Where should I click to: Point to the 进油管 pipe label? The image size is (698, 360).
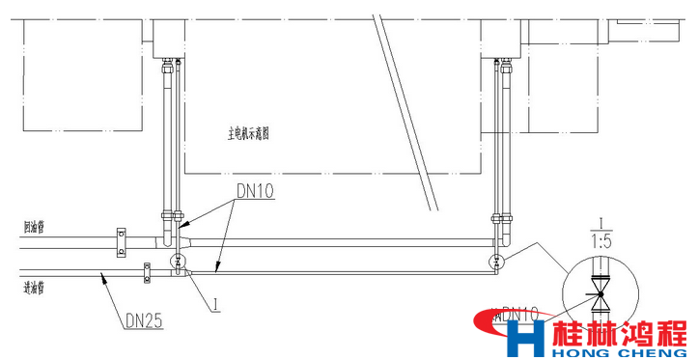[35, 286]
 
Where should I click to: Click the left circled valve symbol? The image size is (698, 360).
[178, 262]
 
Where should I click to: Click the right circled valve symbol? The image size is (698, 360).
[496, 262]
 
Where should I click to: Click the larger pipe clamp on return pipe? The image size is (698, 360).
[121, 242]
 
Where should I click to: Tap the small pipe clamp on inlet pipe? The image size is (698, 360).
[146, 274]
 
